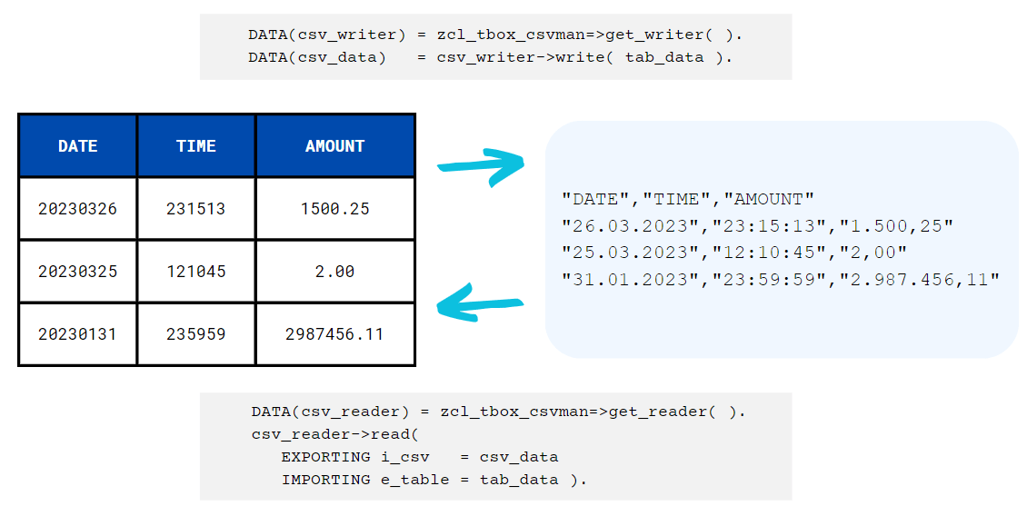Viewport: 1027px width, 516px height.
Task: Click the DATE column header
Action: (78, 146)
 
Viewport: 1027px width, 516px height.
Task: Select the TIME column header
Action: (196, 146)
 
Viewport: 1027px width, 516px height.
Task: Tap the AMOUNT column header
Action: (334, 146)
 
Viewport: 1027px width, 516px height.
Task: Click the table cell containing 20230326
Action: (78, 209)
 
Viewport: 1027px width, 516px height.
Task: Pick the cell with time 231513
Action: (196, 209)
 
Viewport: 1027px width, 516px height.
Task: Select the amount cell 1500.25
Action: (334, 209)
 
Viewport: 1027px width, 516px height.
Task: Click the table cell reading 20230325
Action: (78, 272)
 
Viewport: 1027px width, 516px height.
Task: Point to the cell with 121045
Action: (196, 272)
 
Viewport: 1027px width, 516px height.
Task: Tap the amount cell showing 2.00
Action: (334, 272)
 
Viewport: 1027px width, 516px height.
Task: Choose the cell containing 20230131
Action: (78, 334)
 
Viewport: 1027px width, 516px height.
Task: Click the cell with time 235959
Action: (196, 334)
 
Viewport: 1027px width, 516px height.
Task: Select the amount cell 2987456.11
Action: (334, 334)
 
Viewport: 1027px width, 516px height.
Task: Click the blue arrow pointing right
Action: (482, 166)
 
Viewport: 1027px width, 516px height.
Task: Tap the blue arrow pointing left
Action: (480, 303)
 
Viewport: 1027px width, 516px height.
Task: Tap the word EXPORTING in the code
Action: (325, 457)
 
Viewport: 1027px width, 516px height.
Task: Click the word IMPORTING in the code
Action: (325, 480)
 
